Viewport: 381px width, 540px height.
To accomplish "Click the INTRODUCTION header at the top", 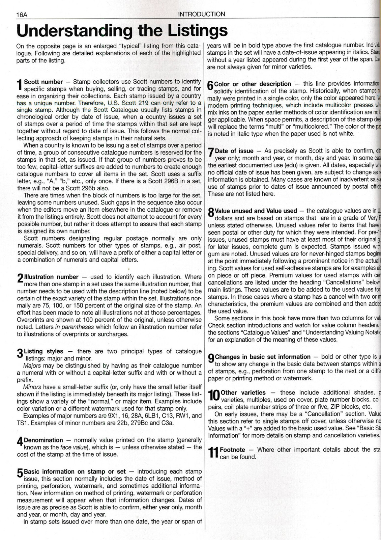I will pos(201,14).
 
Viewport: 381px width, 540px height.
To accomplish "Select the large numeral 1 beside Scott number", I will pos(20,85).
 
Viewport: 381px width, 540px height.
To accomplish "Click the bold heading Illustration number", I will pos(51,277).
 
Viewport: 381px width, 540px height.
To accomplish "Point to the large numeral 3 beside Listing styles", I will pos(20,354).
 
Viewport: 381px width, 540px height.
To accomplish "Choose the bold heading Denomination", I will pos(43,440).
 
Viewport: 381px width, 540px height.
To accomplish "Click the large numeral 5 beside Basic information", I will pos(20,475).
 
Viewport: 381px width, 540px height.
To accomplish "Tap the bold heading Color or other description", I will pos(253,84).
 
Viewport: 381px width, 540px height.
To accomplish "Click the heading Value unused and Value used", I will pos(256,211).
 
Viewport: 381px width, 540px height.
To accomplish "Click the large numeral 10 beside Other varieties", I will pos(213,395).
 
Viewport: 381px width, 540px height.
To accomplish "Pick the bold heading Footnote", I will pos(232,450).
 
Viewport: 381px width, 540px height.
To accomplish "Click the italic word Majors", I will pos(32,366).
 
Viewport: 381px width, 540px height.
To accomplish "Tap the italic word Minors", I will pos(32,387).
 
